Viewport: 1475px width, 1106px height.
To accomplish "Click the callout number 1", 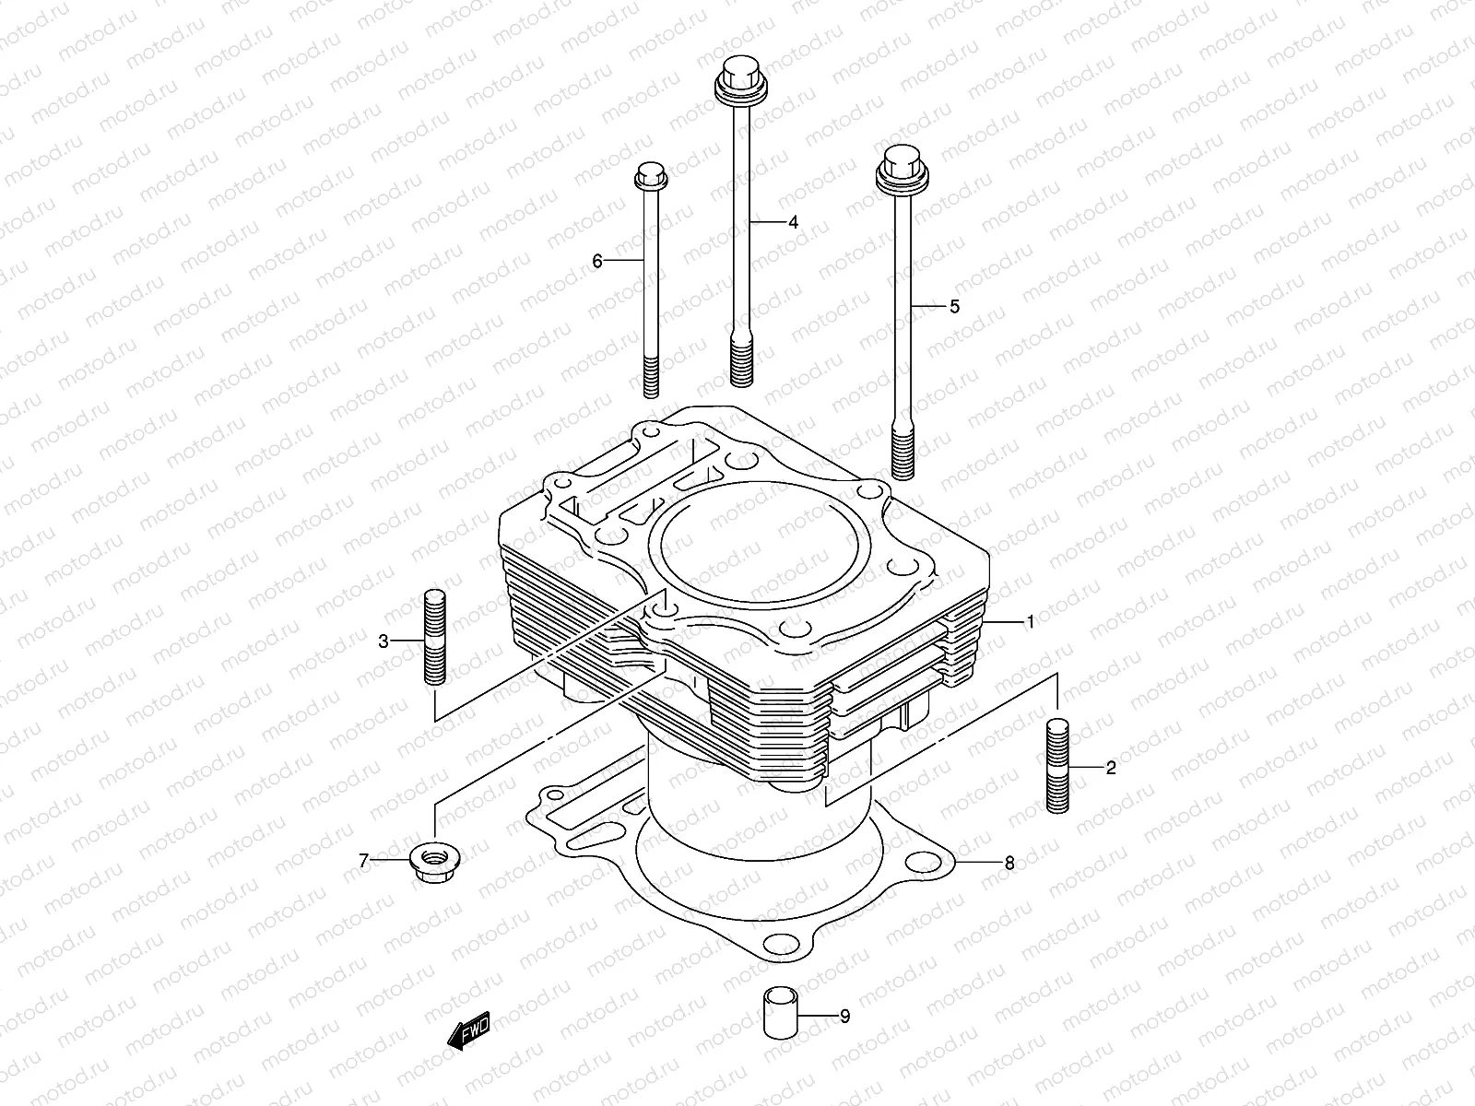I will click(1031, 622).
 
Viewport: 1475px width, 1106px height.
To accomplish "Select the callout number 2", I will click(1110, 768).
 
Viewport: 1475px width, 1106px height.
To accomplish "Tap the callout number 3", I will click(383, 641).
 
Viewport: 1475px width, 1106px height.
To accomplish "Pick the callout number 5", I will click(954, 306).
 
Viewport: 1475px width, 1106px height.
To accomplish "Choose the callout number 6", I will click(597, 262).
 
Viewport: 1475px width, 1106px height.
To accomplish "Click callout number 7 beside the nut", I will click(363, 862).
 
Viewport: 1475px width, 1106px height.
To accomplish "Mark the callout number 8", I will click(1009, 863).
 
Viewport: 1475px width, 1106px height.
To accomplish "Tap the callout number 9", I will click(844, 1017).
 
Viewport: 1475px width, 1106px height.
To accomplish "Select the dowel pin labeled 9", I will click(776, 1014).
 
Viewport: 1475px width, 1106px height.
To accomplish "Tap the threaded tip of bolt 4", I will click(741, 361).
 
